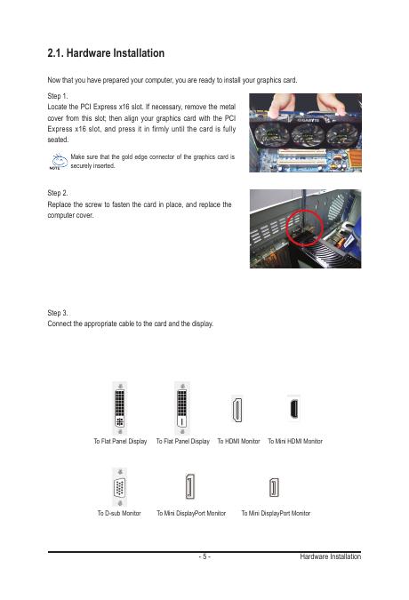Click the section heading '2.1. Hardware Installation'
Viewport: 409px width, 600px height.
[106, 52]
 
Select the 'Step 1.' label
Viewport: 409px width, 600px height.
[58, 96]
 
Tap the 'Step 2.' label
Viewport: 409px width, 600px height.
[58, 193]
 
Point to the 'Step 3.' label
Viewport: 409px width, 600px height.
[58, 313]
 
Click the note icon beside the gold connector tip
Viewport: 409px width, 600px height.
[59, 162]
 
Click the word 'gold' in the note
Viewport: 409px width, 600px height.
[126, 156]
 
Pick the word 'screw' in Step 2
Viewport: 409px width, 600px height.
[93, 204]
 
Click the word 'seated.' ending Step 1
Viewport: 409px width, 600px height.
[58, 140]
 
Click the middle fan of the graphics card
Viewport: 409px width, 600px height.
[308, 135]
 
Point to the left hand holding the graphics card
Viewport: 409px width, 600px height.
[282, 105]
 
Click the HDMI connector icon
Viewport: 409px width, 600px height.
[237, 409]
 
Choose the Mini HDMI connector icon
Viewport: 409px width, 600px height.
[293, 408]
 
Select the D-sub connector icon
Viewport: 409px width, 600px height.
[120, 487]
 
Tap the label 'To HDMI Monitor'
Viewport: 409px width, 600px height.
[238, 441]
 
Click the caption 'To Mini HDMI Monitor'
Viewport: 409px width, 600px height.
[295, 441]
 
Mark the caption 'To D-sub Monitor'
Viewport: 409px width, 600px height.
[119, 513]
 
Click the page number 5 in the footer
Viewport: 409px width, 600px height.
[204, 556]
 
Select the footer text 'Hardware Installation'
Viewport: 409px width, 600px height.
[330, 556]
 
